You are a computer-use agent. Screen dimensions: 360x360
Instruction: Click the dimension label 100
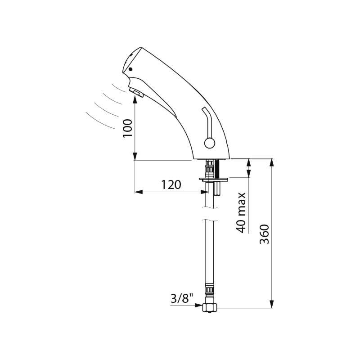click(128, 128)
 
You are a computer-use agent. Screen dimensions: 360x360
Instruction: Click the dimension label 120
click(171, 185)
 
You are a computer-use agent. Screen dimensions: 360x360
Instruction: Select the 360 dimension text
click(264, 234)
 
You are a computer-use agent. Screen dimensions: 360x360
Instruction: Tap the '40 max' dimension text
click(241, 212)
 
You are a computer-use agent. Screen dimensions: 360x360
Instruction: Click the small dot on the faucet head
click(130, 69)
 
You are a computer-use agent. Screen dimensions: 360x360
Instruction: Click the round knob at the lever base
click(209, 143)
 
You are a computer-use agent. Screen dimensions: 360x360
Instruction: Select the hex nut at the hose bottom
click(209, 308)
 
